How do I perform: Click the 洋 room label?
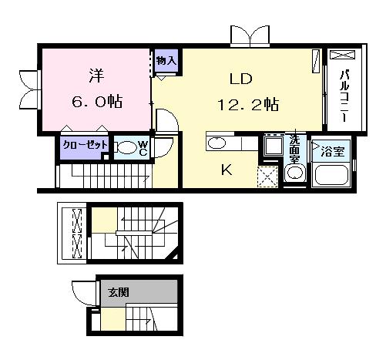pyautogui.click(x=96, y=76)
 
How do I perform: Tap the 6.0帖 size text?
pyautogui.click(x=97, y=102)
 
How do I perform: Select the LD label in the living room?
pyautogui.click(x=240, y=79)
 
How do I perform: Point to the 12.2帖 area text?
pyautogui.click(x=248, y=105)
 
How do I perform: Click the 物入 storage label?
pyautogui.click(x=166, y=61)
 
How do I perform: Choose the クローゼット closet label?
pyautogui.click(x=85, y=145)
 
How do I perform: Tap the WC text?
pyautogui.click(x=143, y=148)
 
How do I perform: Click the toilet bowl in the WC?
pyautogui.click(x=126, y=148)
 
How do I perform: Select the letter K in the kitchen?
pyautogui.click(x=227, y=170)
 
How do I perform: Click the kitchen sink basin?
pyautogui.click(x=216, y=143)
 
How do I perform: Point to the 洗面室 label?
pyautogui.click(x=295, y=149)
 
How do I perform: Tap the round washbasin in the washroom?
pyautogui.click(x=295, y=173)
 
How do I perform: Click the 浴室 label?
pyautogui.click(x=332, y=152)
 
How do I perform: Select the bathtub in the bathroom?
pyautogui.click(x=331, y=175)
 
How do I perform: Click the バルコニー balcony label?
pyautogui.click(x=344, y=96)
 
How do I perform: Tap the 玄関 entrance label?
pyautogui.click(x=119, y=292)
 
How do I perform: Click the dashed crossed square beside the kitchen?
pyautogui.click(x=267, y=177)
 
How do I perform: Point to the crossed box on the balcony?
pyautogui.click(x=342, y=55)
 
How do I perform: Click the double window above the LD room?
pyautogui.click(x=250, y=37)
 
